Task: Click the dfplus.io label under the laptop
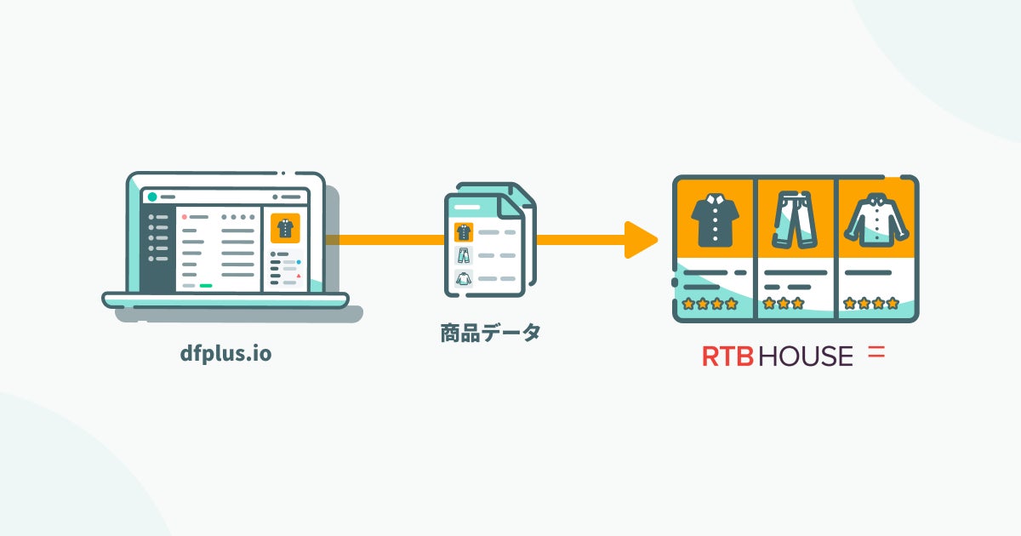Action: (225, 354)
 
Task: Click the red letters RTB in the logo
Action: (727, 356)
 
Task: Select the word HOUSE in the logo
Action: (805, 356)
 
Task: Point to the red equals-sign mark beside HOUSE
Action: (876, 352)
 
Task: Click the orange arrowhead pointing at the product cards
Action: (641, 239)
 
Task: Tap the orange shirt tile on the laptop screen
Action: (285, 229)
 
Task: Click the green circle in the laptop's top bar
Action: (152, 197)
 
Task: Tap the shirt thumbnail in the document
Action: (464, 231)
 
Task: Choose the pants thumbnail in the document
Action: (464, 254)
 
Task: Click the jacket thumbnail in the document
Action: (464, 277)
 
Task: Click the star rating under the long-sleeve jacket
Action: (870, 303)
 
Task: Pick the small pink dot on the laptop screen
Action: (184, 217)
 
